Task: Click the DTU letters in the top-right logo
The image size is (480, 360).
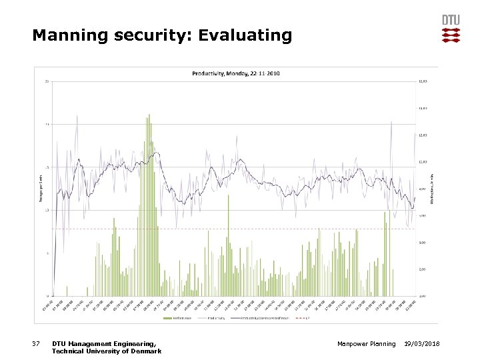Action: click(451, 20)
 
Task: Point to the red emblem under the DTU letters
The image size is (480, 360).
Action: click(451, 35)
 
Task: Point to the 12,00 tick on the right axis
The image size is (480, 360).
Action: click(422, 135)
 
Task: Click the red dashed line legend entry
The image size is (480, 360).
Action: click(301, 317)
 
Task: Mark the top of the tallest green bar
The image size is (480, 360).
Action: click(149, 115)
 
